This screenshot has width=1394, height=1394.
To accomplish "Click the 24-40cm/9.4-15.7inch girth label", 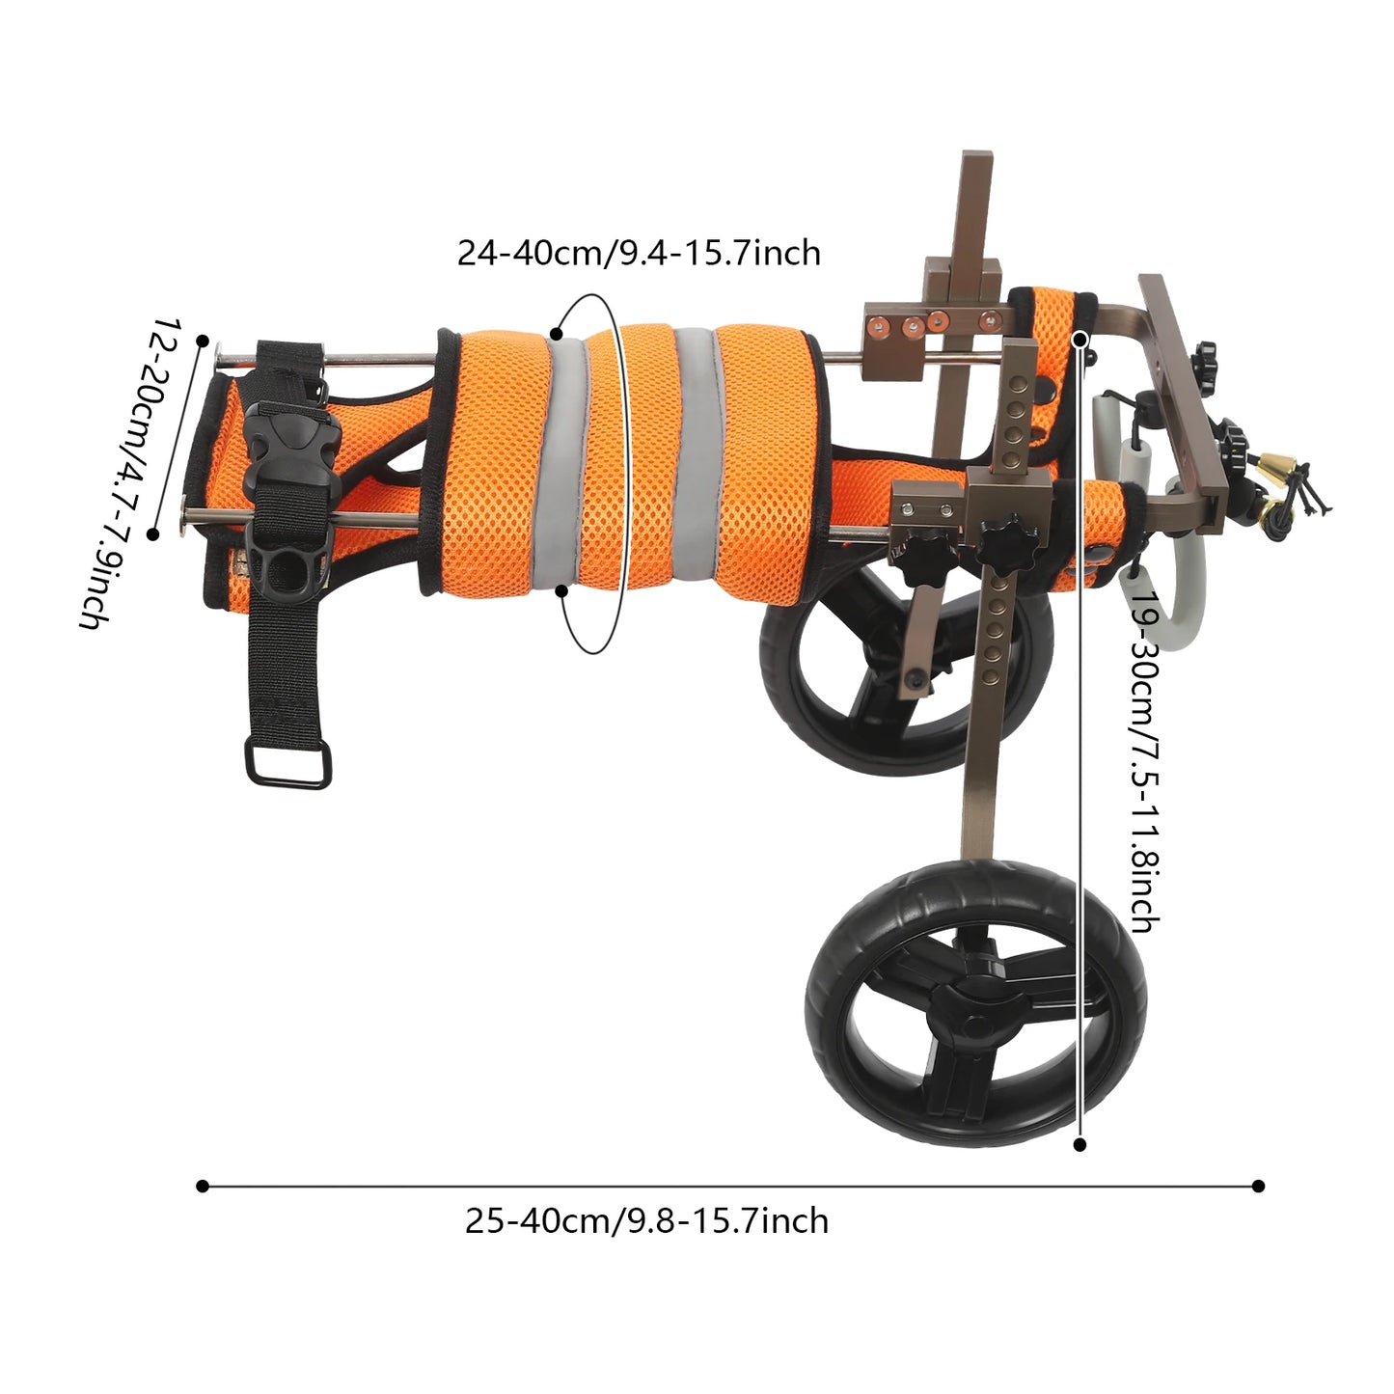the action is click(x=639, y=253).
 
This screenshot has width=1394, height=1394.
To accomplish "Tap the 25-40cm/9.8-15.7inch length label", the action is click(x=646, y=1220).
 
